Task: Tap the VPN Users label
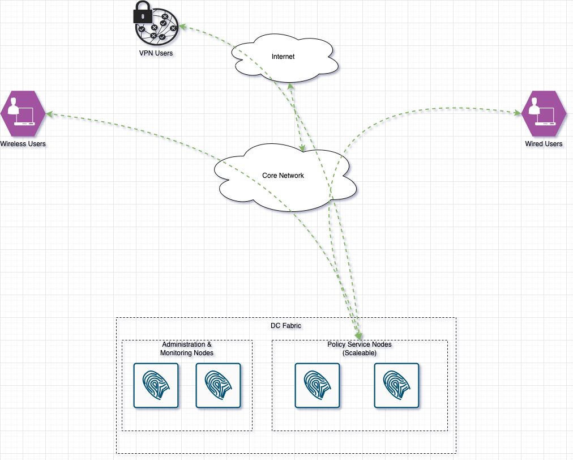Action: click(x=156, y=53)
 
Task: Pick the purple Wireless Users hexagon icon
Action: click(x=22, y=112)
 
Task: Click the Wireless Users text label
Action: click(x=23, y=144)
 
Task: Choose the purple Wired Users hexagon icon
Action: click(x=544, y=112)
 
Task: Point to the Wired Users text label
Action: click(x=544, y=144)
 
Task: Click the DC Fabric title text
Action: click(x=286, y=326)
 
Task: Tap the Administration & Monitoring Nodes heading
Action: click(x=187, y=348)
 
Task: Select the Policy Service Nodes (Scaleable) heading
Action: click(x=360, y=348)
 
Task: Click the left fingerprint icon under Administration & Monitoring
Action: click(x=156, y=385)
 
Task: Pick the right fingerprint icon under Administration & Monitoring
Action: click(x=218, y=385)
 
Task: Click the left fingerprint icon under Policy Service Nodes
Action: click(x=317, y=385)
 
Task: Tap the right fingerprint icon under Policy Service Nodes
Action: click(x=396, y=385)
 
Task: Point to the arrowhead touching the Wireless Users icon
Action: click(x=49, y=114)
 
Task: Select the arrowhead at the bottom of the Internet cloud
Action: click(x=290, y=86)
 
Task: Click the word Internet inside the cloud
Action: click(x=283, y=57)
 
